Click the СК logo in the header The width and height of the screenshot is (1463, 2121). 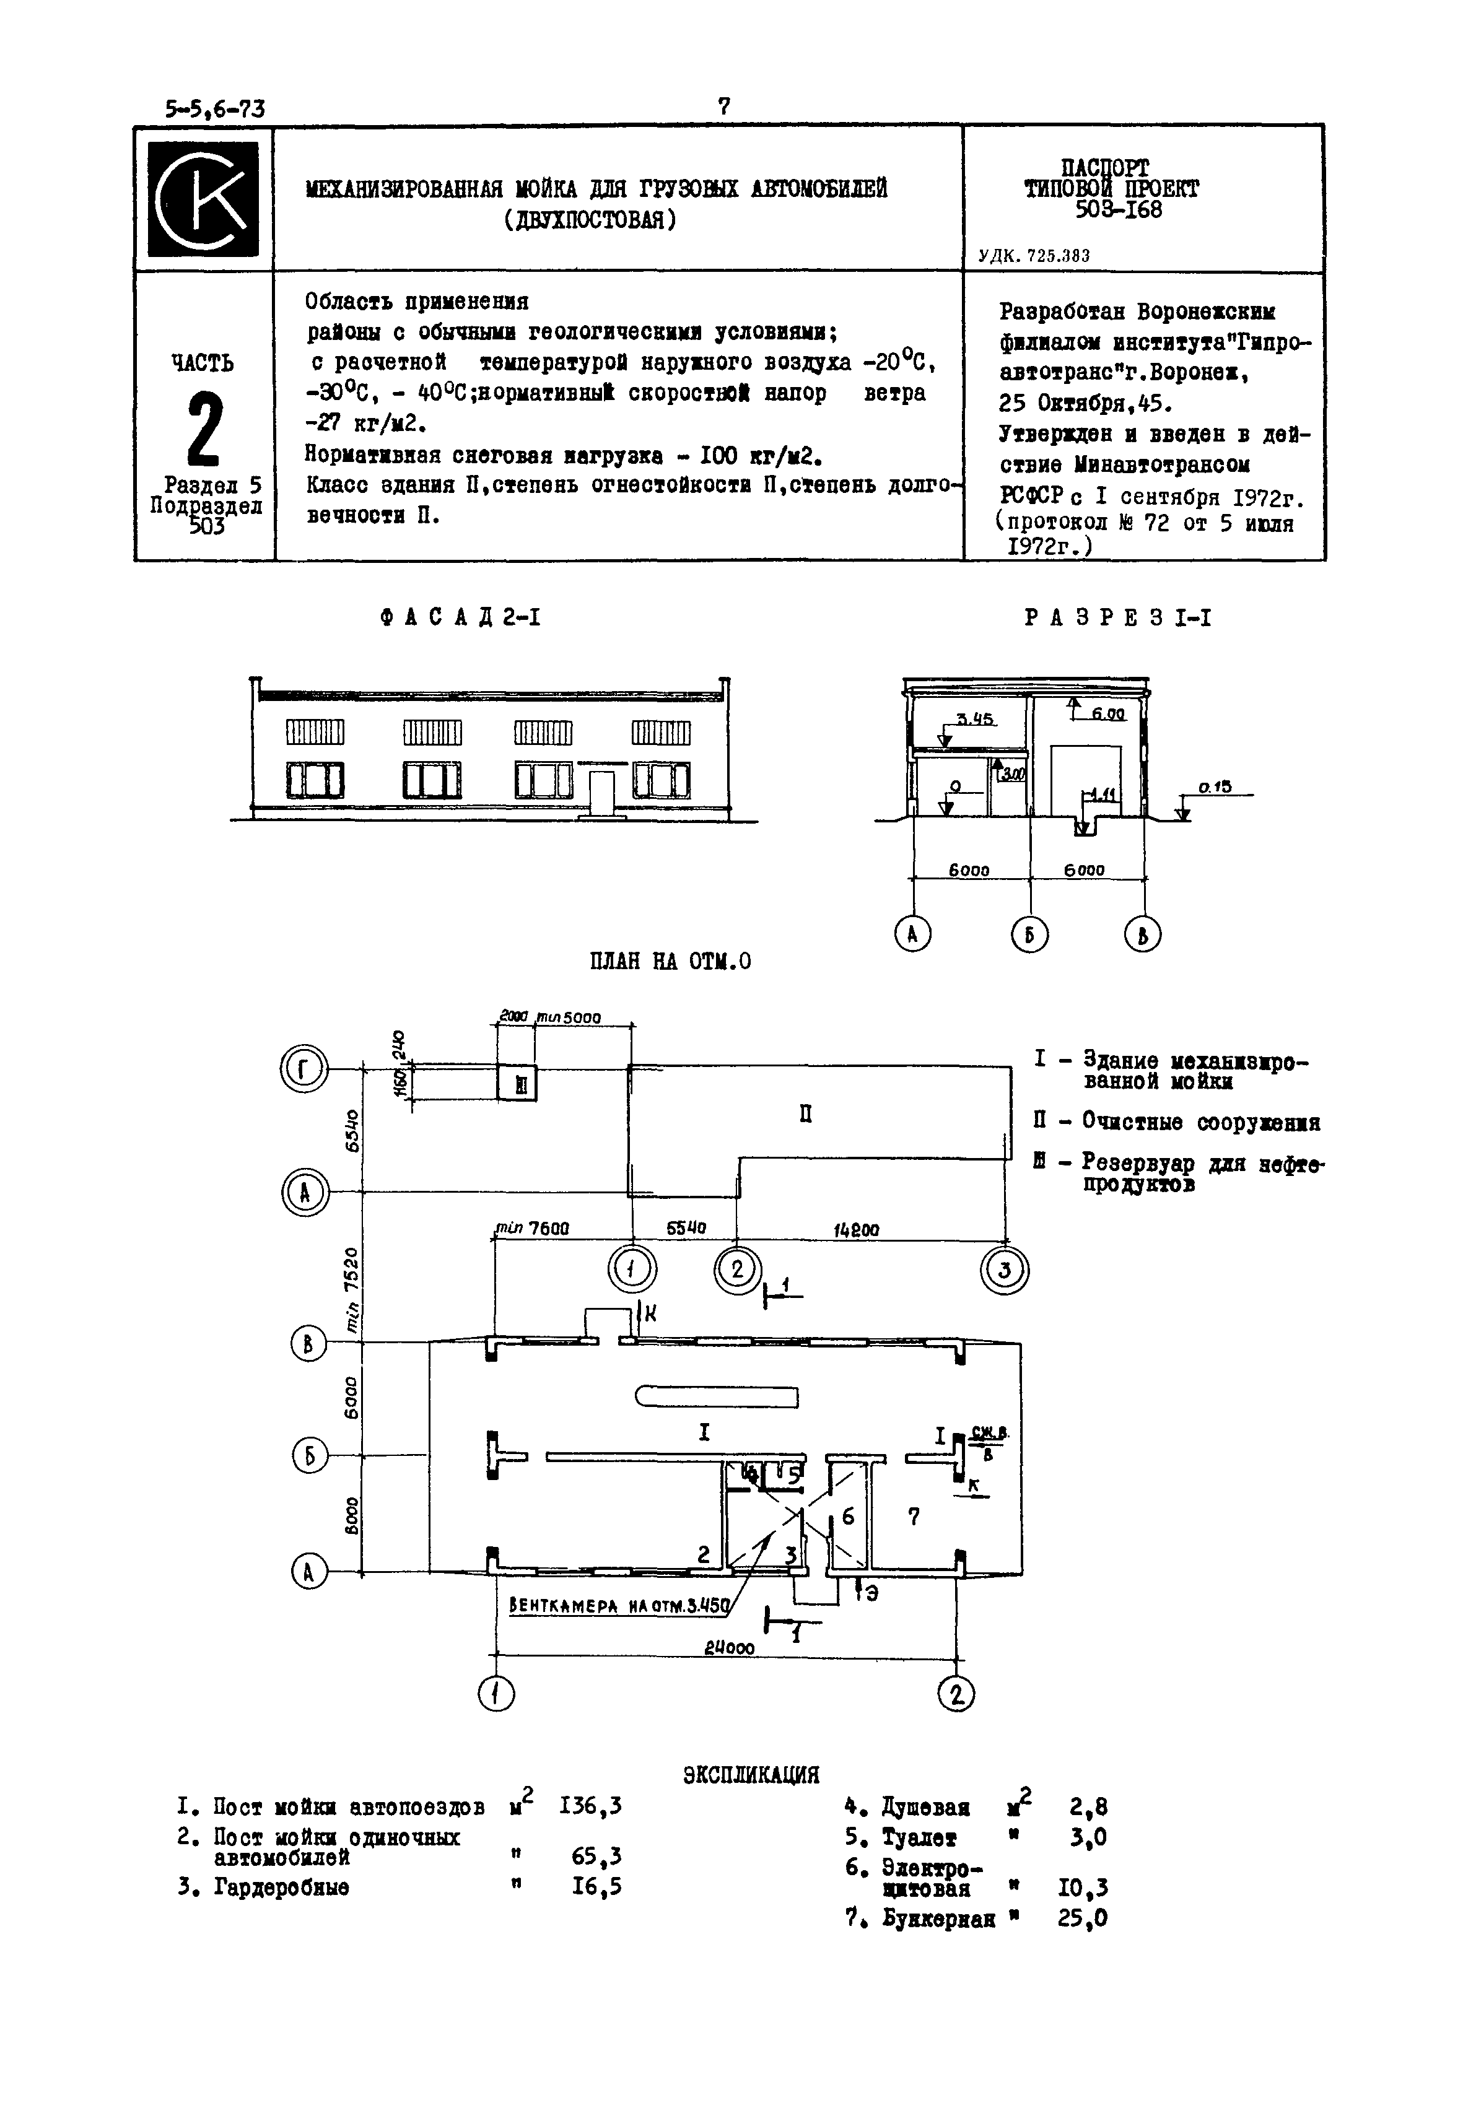pos(204,198)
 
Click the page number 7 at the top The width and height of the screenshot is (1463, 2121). pos(723,107)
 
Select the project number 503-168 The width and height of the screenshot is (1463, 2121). pos(1111,211)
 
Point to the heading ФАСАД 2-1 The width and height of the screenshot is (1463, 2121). pos(460,619)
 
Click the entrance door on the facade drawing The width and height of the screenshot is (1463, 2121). pos(601,793)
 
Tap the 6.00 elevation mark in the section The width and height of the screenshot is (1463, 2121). pos(1107,714)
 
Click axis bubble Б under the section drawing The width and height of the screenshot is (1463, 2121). pos(1029,935)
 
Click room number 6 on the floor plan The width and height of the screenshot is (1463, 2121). pos(848,1517)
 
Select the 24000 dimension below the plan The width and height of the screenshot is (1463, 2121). pos(730,1648)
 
